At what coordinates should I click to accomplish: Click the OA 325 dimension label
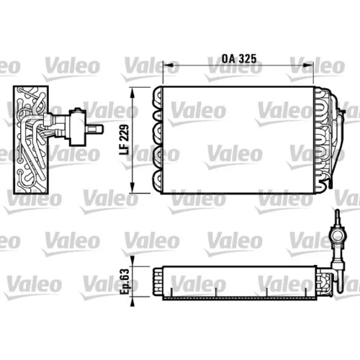point(239,58)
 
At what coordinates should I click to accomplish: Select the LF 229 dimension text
point(125,140)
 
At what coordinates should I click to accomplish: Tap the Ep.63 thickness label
point(125,282)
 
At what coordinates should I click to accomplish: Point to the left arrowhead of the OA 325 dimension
point(168,65)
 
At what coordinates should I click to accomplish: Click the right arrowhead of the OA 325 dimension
point(308,65)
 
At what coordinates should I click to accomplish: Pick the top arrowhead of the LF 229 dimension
point(132,93)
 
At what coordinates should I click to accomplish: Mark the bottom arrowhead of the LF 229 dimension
point(132,187)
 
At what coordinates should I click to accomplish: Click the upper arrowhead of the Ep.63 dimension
point(132,261)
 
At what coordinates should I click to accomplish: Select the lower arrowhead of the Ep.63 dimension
point(132,302)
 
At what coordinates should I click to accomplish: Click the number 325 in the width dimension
point(247,58)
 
